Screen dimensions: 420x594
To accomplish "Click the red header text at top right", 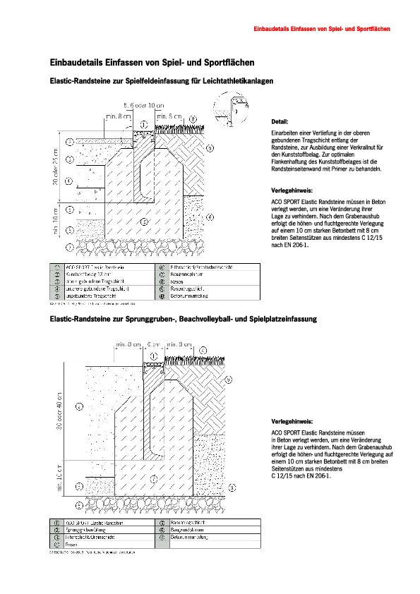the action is click(x=322, y=29).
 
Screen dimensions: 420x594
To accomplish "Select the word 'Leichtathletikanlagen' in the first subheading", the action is click(x=238, y=81).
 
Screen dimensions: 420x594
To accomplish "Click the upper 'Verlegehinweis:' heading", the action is click(x=292, y=190).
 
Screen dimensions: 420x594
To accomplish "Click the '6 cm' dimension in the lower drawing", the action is click(x=153, y=346).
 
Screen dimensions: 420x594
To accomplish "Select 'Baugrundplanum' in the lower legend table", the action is click(x=183, y=530).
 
